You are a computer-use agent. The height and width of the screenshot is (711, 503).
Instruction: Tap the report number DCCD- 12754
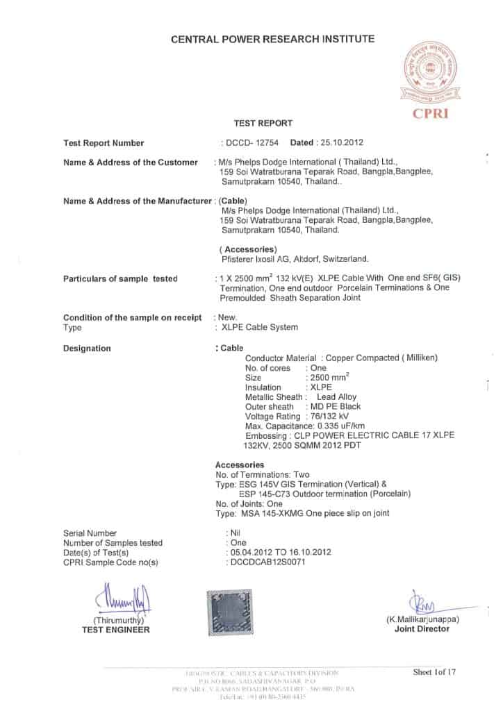(x=252, y=143)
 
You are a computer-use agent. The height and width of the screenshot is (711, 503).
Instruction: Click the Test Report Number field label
(x=104, y=143)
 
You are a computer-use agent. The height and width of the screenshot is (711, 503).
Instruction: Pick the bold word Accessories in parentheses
(x=248, y=249)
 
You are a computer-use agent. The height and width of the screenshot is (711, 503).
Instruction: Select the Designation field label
(x=87, y=348)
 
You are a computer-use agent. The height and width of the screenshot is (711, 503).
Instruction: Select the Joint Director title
(x=422, y=628)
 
